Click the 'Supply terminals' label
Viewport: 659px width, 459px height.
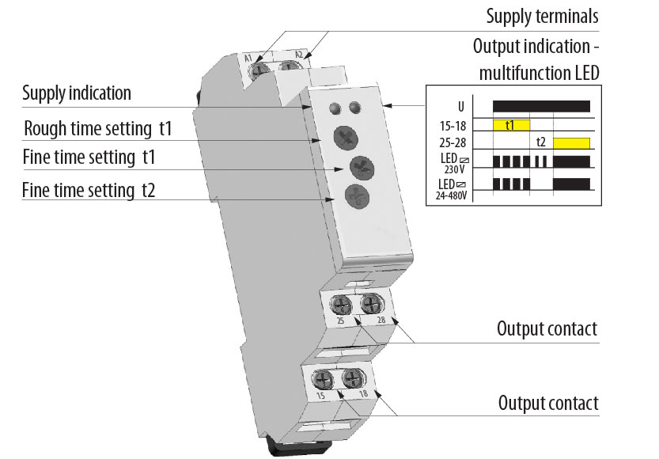click(x=542, y=16)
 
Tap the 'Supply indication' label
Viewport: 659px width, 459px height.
click(x=77, y=93)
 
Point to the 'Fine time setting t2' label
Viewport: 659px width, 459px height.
click(x=88, y=190)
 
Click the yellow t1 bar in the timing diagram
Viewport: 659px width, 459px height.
click(x=510, y=125)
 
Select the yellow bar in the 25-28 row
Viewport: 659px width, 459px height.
click(x=572, y=143)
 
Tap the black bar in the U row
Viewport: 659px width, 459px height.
click(x=541, y=106)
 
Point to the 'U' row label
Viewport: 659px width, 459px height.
click(x=460, y=106)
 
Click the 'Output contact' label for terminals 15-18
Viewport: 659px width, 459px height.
click(x=548, y=403)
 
